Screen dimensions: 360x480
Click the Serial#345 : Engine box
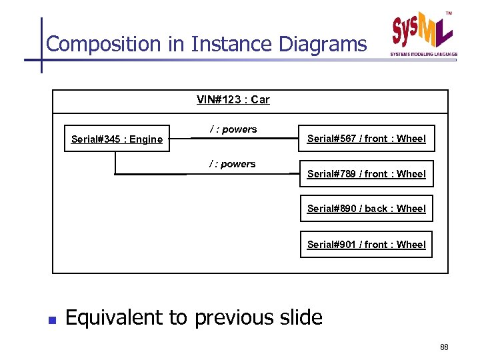[117, 139]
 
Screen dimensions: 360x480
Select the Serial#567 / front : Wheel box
[366, 139]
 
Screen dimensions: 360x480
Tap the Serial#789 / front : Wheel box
[366, 174]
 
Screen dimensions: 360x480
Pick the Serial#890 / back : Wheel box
[366, 209]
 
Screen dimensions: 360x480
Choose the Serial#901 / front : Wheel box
[366, 245]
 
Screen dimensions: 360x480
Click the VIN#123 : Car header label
[233, 100]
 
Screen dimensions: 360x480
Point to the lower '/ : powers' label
[233, 164]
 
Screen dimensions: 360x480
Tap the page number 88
[445, 347]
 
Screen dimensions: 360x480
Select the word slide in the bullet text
[298, 317]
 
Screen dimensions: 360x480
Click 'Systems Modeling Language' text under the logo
[423, 54]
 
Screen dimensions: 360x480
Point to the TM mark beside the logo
[448, 13]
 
